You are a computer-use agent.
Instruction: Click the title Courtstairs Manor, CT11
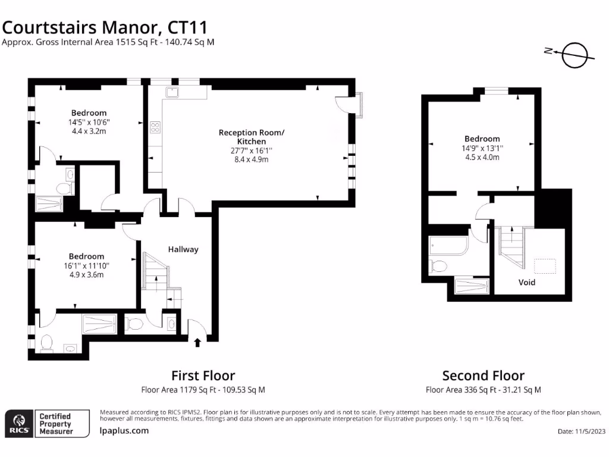pos(105,27)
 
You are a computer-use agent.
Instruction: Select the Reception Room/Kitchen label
pos(252,137)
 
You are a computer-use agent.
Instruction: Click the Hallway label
pos(183,249)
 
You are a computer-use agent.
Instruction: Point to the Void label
pos(527,282)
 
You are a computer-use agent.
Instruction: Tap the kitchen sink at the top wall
pos(172,92)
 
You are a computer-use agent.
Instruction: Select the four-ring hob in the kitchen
pos(155,127)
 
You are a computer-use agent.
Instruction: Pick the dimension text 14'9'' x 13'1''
pos(482,148)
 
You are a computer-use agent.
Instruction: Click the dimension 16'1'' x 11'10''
pos(86,266)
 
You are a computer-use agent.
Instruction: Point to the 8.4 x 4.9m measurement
pos(252,159)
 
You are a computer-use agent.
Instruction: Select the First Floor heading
pos(203,375)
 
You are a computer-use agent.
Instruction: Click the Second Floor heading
pos(483,375)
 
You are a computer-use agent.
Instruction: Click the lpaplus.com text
pos(124,430)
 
